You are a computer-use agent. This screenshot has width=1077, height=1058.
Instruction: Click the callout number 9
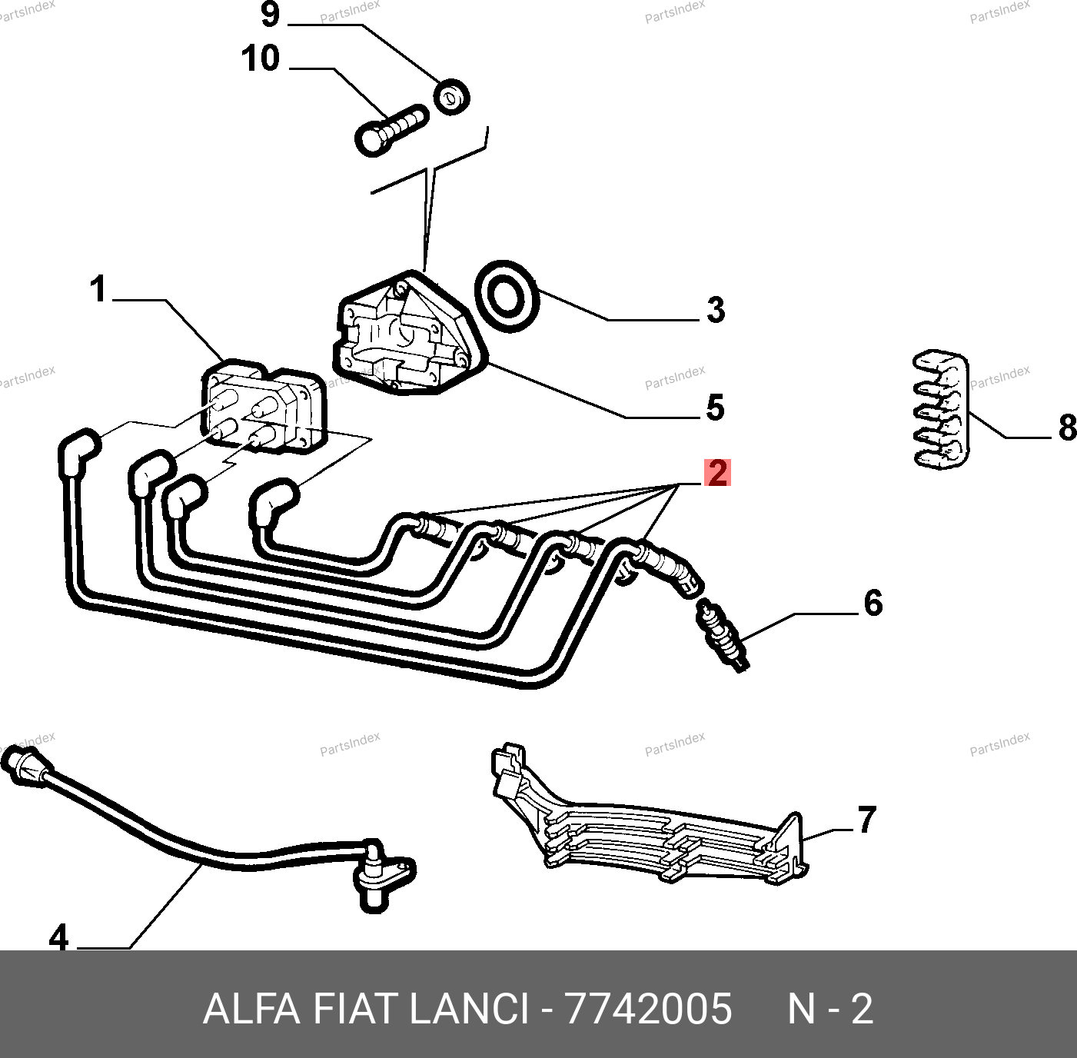pos(271,15)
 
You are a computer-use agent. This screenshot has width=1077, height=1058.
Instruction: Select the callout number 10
pos(261,59)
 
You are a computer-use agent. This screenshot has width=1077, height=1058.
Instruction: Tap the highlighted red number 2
pos(717,472)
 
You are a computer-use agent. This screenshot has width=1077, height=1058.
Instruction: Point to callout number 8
pos(1067,428)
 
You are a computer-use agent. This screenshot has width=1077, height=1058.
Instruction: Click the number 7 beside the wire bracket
pos(866,820)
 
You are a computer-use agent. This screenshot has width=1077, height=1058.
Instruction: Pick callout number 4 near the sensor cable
pos(58,938)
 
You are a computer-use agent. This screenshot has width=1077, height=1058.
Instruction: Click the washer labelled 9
pos(451,96)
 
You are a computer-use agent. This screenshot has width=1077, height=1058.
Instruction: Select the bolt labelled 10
pos(391,129)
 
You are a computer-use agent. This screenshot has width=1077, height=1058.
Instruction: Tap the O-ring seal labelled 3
pos(507,295)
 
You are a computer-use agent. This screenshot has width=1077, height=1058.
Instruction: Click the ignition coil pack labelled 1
pos(264,408)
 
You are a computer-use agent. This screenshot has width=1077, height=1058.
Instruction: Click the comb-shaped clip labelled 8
pos(940,411)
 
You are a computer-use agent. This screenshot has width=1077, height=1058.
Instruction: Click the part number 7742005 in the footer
pos(648,1008)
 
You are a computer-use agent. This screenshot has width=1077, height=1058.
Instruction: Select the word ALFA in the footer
pos(251,1008)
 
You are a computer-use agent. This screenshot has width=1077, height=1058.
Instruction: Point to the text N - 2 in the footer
pos(830,1008)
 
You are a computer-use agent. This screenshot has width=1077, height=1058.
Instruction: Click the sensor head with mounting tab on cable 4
pos(381,877)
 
